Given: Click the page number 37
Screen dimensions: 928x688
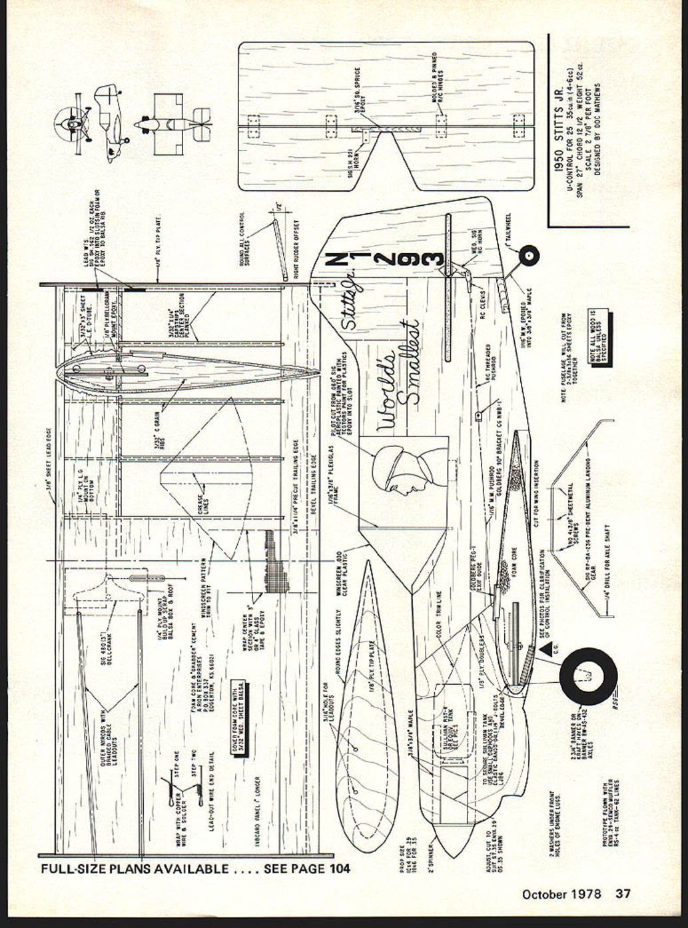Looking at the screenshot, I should coord(622,893).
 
